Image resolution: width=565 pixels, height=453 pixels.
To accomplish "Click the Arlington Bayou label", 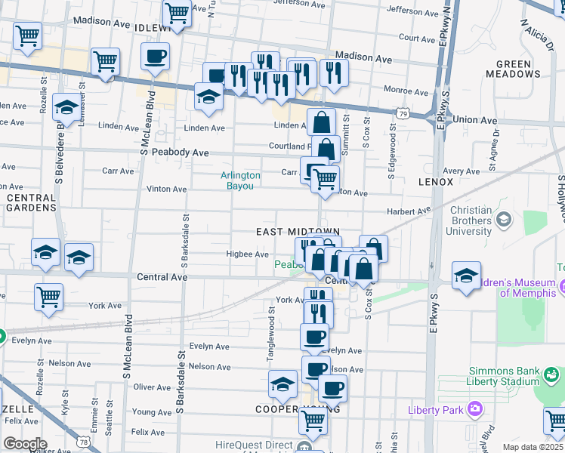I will (x=240, y=180).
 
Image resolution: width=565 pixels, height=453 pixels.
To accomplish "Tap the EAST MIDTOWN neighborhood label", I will (x=298, y=231).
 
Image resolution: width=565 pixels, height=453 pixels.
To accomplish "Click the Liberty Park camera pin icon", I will (x=475, y=409).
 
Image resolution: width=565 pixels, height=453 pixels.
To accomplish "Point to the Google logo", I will (x=25, y=444).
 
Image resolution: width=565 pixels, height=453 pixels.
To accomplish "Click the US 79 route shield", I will (x=404, y=112).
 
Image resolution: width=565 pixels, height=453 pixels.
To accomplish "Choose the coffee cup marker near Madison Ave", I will (x=155, y=56).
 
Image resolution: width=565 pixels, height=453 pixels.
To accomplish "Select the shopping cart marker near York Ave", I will (x=48, y=296).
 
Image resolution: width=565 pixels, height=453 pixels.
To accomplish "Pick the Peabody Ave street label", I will (x=180, y=153).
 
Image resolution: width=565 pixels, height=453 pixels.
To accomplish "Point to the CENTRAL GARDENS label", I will (x=31, y=202).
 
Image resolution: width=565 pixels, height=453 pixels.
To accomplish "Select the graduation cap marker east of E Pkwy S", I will (x=466, y=275).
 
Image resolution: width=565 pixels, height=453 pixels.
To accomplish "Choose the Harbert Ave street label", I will (x=408, y=211).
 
